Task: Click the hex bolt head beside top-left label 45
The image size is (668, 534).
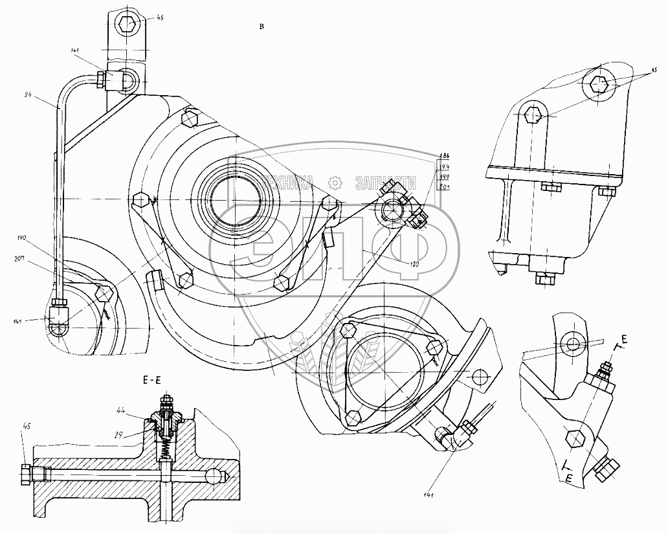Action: tap(126, 25)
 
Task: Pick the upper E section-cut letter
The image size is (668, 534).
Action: tap(625, 339)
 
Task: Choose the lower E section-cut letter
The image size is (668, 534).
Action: tap(568, 478)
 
